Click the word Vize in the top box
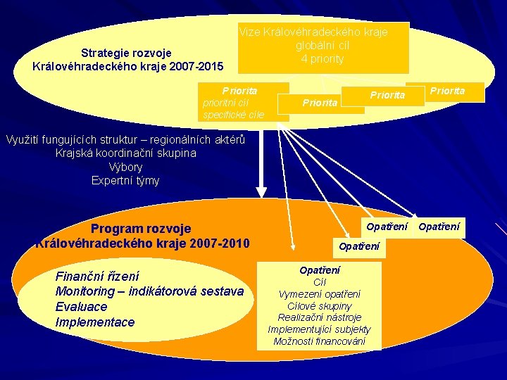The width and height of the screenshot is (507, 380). pyautogui.click(x=250, y=32)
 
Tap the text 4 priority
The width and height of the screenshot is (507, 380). pyautogui.click(x=323, y=59)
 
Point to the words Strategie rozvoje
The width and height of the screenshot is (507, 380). pyautogui.click(x=126, y=53)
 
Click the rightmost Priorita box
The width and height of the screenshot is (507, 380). pyautogui.click(x=447, y=91)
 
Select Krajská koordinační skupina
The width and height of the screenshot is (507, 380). pyautogui.click(x=126, y=153)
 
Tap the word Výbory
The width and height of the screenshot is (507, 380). pyautogui.click(x=125, y=167)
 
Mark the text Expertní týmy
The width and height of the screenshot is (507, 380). pyautogui.click(x=125, y=180)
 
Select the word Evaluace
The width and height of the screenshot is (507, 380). pyautogui.click(x=81, y=307)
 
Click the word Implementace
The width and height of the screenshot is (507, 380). pyautogui.click(x=94, y=322)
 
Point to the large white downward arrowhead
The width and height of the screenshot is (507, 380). pyautogui.click(x=261, y=189)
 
